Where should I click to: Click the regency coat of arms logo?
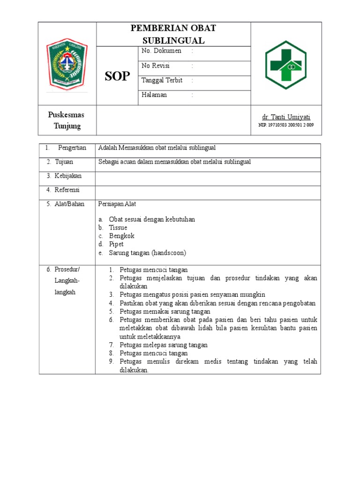point(67,63)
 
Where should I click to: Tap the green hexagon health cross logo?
point(285,63)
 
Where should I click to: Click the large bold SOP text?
point(117,76)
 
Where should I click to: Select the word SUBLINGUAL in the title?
point(174,41)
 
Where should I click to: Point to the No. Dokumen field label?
point(161,51)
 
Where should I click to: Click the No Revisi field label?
point(156,66)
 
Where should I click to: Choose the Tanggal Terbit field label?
point(162,80)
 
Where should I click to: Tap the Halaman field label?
point(154,95)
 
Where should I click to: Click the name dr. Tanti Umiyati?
point(286,117)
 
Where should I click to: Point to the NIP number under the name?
point(286,125)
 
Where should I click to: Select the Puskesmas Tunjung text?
point(67,120)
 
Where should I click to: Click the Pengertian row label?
point(72,148)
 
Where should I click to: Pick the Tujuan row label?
point(65,162)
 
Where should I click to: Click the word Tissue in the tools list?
point(118,227)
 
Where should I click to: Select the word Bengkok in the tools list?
point(121,236)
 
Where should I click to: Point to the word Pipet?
point(116,244)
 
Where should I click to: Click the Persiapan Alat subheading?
point(117,204)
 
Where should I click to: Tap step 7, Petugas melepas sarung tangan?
point(164,345)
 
